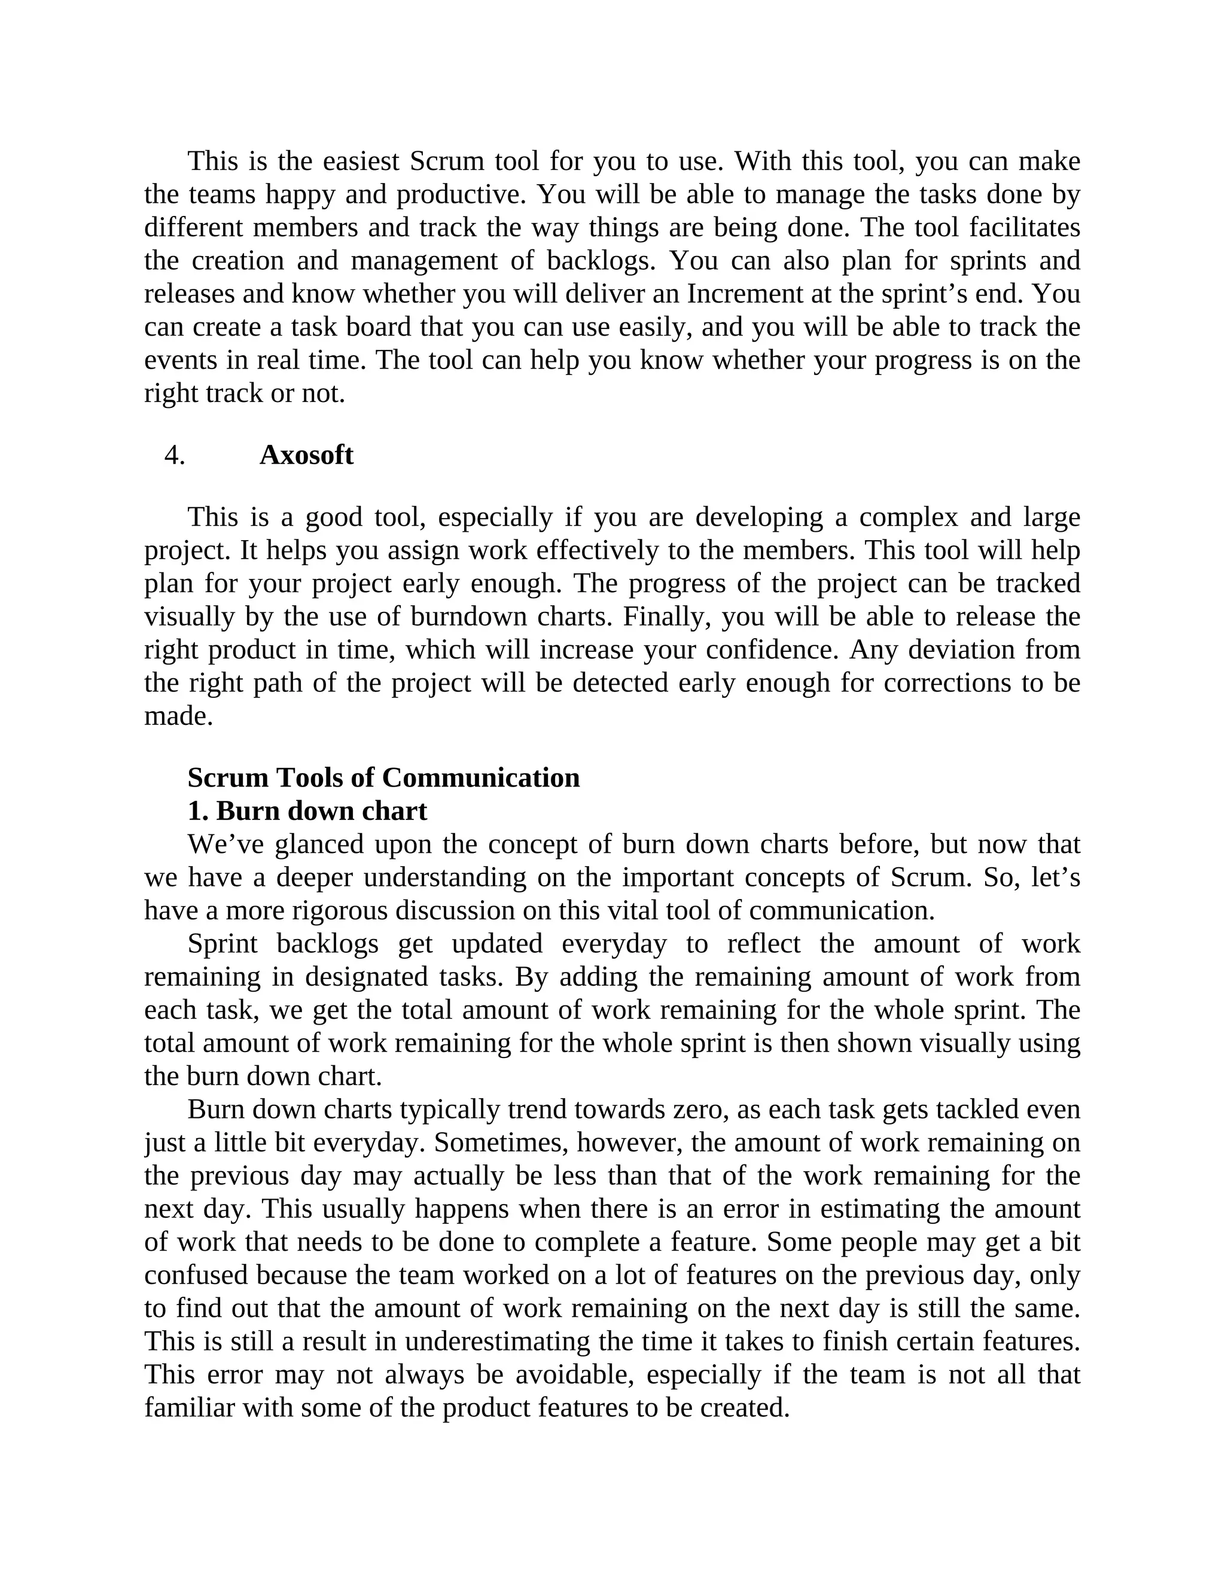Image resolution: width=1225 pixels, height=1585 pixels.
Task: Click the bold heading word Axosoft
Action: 306,456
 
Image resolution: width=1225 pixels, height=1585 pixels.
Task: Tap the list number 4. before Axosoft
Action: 174,456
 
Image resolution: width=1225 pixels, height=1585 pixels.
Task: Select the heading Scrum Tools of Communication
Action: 383,778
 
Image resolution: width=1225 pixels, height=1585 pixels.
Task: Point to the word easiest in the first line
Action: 361,161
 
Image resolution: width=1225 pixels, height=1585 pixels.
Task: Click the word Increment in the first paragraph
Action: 738,294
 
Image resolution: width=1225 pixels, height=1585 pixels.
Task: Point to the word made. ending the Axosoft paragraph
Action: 178,717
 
